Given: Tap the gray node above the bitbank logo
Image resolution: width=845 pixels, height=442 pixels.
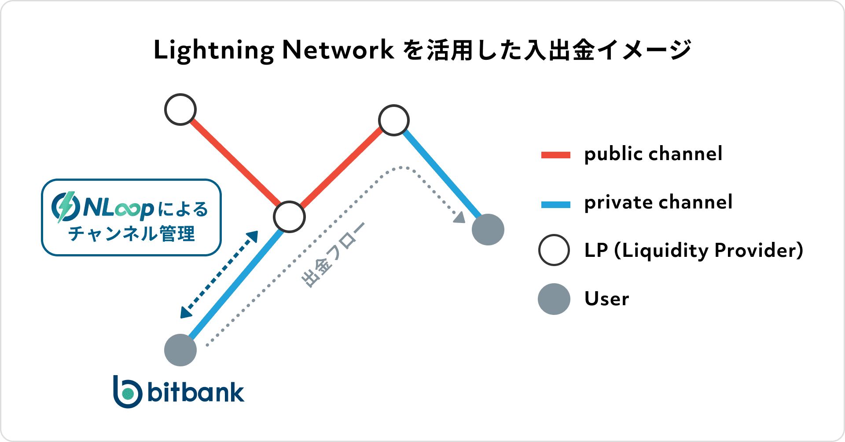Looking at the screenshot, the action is point(180,350).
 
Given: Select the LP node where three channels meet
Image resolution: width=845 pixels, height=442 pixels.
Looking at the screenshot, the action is point(289,217).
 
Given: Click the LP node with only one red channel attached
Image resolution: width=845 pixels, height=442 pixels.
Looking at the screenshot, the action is point(180,110).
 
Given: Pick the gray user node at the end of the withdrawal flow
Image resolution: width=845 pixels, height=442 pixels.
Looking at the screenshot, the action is point(488,230).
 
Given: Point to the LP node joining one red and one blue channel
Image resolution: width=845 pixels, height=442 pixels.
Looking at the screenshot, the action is point(394,120).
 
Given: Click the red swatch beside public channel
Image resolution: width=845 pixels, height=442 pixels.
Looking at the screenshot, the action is point(556,155).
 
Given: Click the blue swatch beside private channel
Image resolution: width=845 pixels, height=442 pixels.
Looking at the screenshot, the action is point(556,205).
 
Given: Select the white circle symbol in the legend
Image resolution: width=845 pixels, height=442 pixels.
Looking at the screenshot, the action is point(554,250).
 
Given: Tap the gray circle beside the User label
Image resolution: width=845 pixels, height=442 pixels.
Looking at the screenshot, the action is point(554,299).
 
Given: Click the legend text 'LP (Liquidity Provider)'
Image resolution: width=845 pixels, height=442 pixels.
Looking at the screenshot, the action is point(694,251).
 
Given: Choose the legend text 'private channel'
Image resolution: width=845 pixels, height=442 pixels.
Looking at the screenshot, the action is point(658,203).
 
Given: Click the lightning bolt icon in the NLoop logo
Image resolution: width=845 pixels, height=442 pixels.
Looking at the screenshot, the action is point(66,207).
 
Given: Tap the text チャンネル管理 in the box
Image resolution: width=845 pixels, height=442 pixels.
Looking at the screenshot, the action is point(132,234).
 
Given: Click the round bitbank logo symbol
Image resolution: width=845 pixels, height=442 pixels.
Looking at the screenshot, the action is point(128,392).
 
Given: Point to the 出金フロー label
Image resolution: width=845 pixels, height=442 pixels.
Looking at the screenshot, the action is point(333,255).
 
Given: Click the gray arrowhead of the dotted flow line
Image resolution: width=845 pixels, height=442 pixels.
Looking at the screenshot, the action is point(459,217).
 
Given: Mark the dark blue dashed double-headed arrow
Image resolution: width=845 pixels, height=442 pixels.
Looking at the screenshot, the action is point(219,274).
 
